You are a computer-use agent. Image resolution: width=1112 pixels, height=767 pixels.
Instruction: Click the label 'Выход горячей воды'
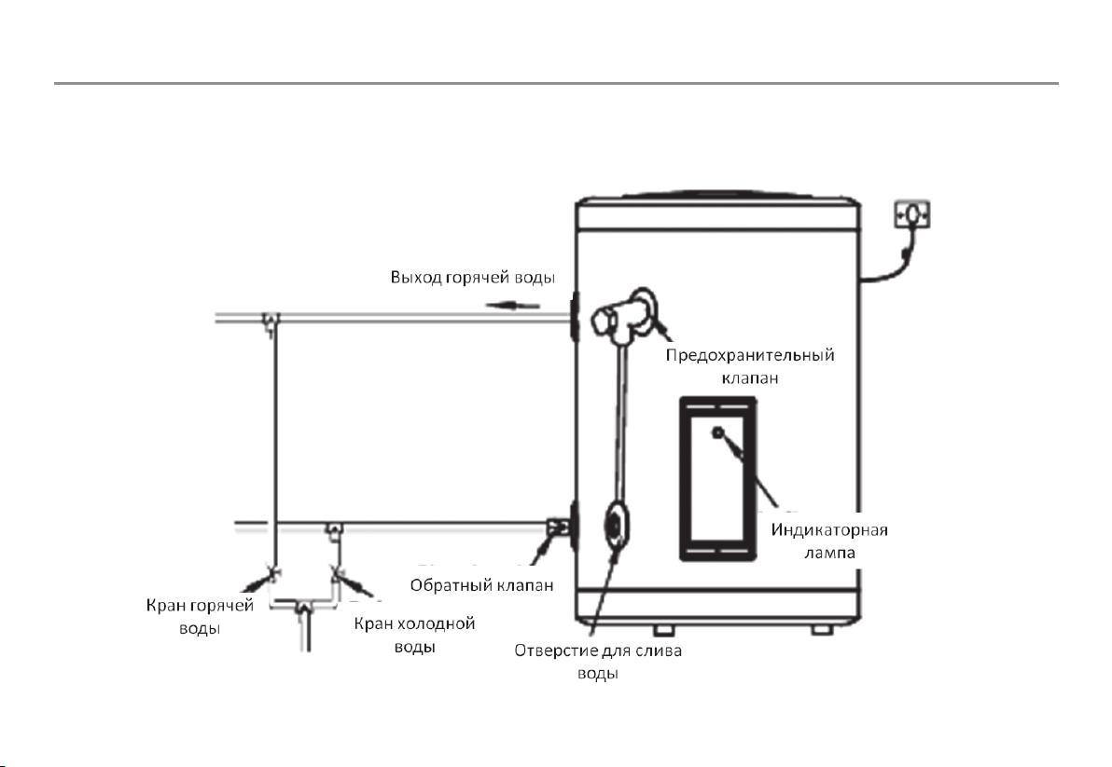[472, 277]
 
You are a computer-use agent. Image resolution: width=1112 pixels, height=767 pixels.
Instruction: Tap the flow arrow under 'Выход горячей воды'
[513, 306]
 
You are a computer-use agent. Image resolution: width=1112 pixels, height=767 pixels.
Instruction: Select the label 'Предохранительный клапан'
[750, 366]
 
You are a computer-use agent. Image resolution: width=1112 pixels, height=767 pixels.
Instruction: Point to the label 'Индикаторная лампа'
[829, 541]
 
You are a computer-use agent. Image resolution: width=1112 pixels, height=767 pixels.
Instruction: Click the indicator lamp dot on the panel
[718, 432]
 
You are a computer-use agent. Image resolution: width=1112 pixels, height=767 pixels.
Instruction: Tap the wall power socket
[912, 213]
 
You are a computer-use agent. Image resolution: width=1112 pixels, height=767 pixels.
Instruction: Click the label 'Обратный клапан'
[481, 585]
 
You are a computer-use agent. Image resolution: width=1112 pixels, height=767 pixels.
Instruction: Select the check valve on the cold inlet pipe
[556, 527]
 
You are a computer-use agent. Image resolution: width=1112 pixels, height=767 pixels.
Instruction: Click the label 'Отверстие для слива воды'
[598, 662]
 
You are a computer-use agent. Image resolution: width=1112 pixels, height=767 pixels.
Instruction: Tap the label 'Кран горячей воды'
[200, 617]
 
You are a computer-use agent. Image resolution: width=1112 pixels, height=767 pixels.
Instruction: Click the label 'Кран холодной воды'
[414, 636]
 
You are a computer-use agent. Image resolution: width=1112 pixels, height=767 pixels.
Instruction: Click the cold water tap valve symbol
[337, 571]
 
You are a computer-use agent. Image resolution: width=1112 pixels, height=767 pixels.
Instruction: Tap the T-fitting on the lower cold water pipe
[333, 528]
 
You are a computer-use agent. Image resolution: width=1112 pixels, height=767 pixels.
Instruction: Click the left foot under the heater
[664, 630]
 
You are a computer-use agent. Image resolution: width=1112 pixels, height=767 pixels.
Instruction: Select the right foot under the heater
[822, 630]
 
